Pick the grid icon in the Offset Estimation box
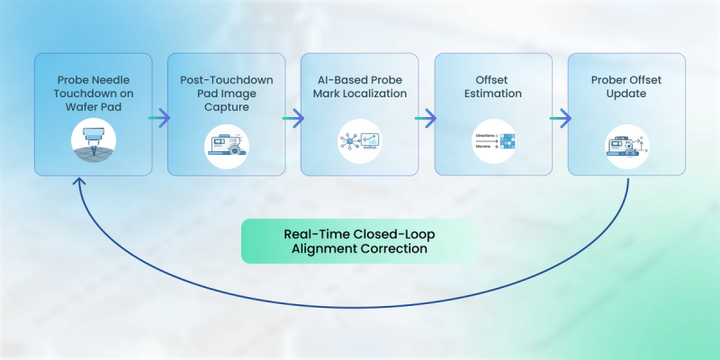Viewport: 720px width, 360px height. coord(492,139)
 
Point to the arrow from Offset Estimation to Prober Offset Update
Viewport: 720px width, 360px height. coord(560,117)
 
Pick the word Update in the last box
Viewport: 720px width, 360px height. coord(625,92)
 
